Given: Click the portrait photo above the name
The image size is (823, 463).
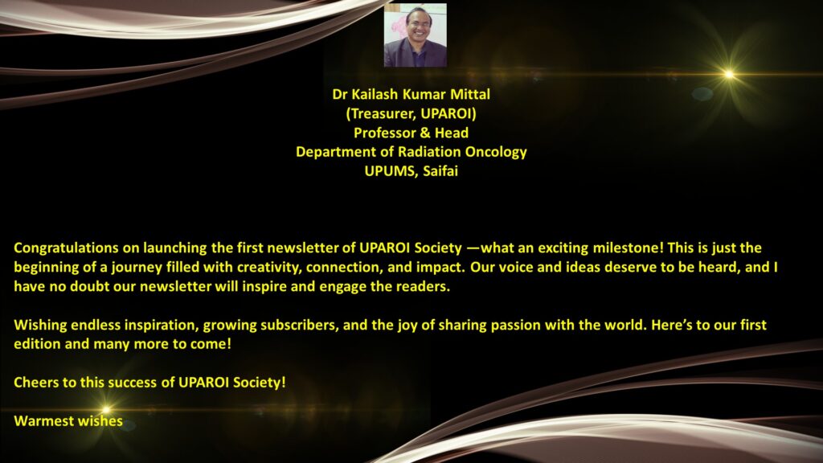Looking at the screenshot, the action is [416, 35].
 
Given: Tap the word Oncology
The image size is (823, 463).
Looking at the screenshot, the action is [496, 152].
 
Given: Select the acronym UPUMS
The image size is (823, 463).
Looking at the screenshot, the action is [390, 171].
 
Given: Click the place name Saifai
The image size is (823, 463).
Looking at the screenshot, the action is [440, 171].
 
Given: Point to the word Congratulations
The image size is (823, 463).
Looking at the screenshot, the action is [66, 248].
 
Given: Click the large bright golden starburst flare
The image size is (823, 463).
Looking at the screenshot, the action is [729, 75].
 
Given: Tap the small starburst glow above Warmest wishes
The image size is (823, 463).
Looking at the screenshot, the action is [106, 409].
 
